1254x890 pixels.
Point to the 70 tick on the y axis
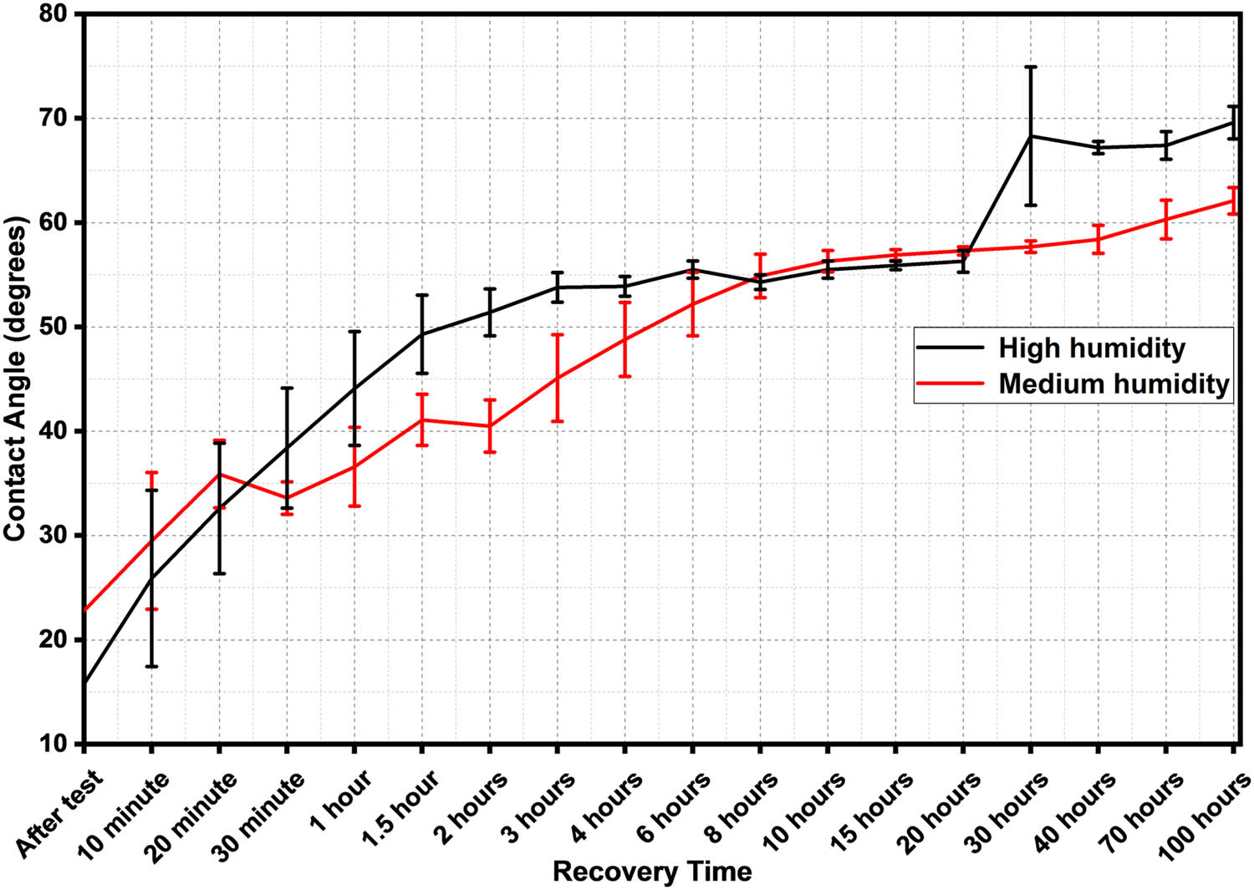coord(60,119)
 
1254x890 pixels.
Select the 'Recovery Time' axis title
coord(652,872)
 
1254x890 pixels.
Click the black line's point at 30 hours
coord(1031,135)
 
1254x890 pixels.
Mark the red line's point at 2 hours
coord(490,426)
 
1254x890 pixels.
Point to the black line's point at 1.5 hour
coord(422,334)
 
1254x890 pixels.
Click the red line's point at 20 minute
coord(219,474)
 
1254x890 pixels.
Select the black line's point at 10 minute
coord(151,578)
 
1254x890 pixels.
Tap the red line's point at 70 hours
coord(1166,219)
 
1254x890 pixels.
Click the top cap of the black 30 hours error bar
coord(1031,67)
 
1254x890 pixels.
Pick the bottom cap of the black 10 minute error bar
coord(151,666)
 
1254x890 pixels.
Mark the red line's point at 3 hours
coord(558,378)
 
